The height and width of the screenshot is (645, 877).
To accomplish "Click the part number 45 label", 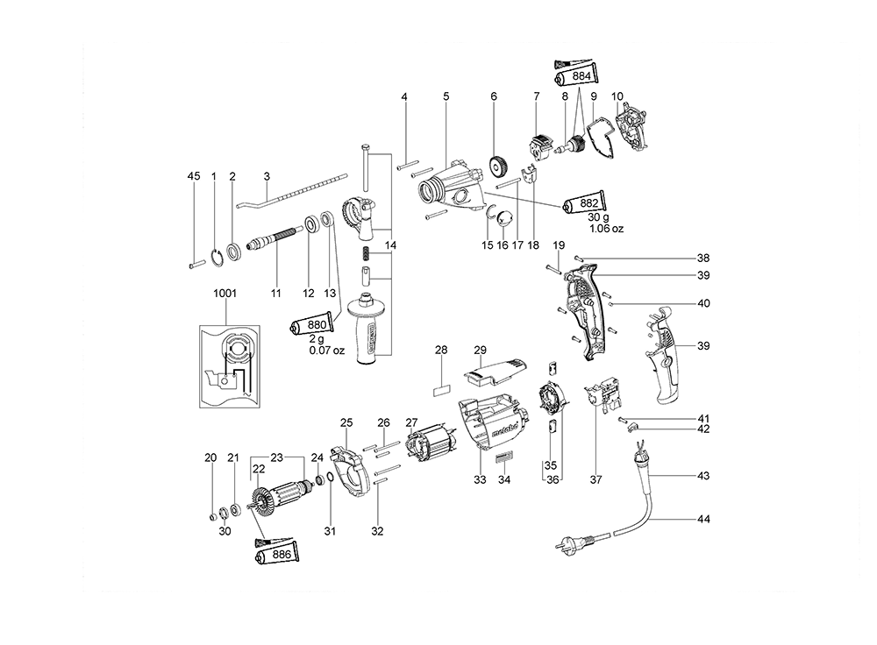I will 194,176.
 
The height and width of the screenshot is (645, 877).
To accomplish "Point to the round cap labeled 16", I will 505,218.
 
